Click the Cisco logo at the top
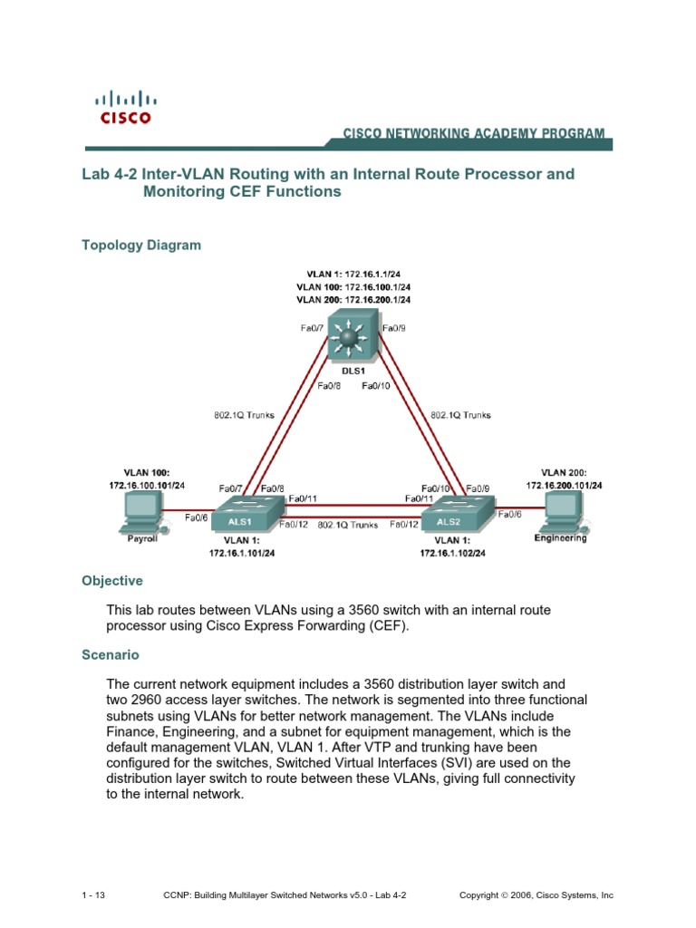tap(125, 106)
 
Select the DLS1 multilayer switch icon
tap(353, 338)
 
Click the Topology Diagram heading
tap(141, 246)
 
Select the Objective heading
tap(112, 581)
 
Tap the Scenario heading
tap(111, 654)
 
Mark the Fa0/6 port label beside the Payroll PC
tap(197, 518)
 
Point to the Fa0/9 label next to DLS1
tap(394, 328)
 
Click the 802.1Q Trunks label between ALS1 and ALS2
tap(348, 525)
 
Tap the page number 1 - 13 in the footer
tap(93, 895)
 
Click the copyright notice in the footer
tap(536, 895)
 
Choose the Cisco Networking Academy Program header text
tap(473, 133)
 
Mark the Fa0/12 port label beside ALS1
tap(294, 524)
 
